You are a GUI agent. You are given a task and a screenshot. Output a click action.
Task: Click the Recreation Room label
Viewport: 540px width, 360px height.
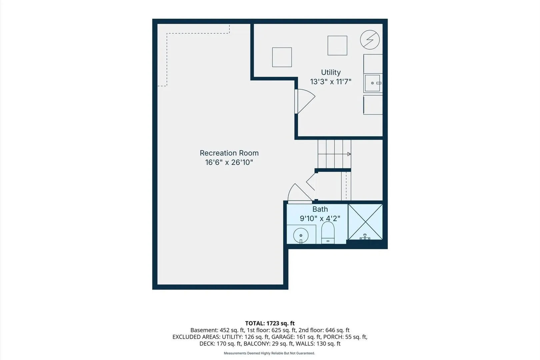click(x=229, y=153)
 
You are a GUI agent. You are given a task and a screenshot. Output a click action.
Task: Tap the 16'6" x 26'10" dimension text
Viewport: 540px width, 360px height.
click(x=229, y=162)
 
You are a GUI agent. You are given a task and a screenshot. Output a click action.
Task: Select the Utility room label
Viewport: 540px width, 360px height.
click(x=331, y=72)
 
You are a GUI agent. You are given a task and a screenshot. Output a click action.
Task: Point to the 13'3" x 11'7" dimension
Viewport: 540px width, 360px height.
click(x=331, y=82)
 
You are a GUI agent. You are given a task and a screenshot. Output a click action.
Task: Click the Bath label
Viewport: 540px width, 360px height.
click(x=320, y=209)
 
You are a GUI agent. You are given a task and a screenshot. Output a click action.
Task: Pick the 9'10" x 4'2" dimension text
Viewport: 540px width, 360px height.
click(x=320, y=218)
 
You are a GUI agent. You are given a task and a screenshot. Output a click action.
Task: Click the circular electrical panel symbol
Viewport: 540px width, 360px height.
click(x=370, y=40)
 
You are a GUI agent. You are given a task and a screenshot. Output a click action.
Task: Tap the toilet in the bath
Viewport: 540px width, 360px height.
click(x=328, y=233)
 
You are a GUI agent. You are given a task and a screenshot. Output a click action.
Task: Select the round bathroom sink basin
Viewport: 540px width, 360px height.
click(x=301, y=235)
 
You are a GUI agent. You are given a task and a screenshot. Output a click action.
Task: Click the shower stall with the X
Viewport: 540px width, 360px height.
click(x=365, y=222)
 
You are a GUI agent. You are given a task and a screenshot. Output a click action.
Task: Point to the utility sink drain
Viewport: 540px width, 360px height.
click(x=372, y=83)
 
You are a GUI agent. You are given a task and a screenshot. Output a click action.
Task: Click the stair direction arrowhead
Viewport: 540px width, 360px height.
click(x=349, y=154)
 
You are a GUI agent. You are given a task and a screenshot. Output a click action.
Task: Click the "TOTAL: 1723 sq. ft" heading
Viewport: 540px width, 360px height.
click(x=270, y=323)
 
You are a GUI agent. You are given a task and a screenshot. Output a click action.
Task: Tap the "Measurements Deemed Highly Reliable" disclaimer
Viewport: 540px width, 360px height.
click(x=269, y=353)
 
